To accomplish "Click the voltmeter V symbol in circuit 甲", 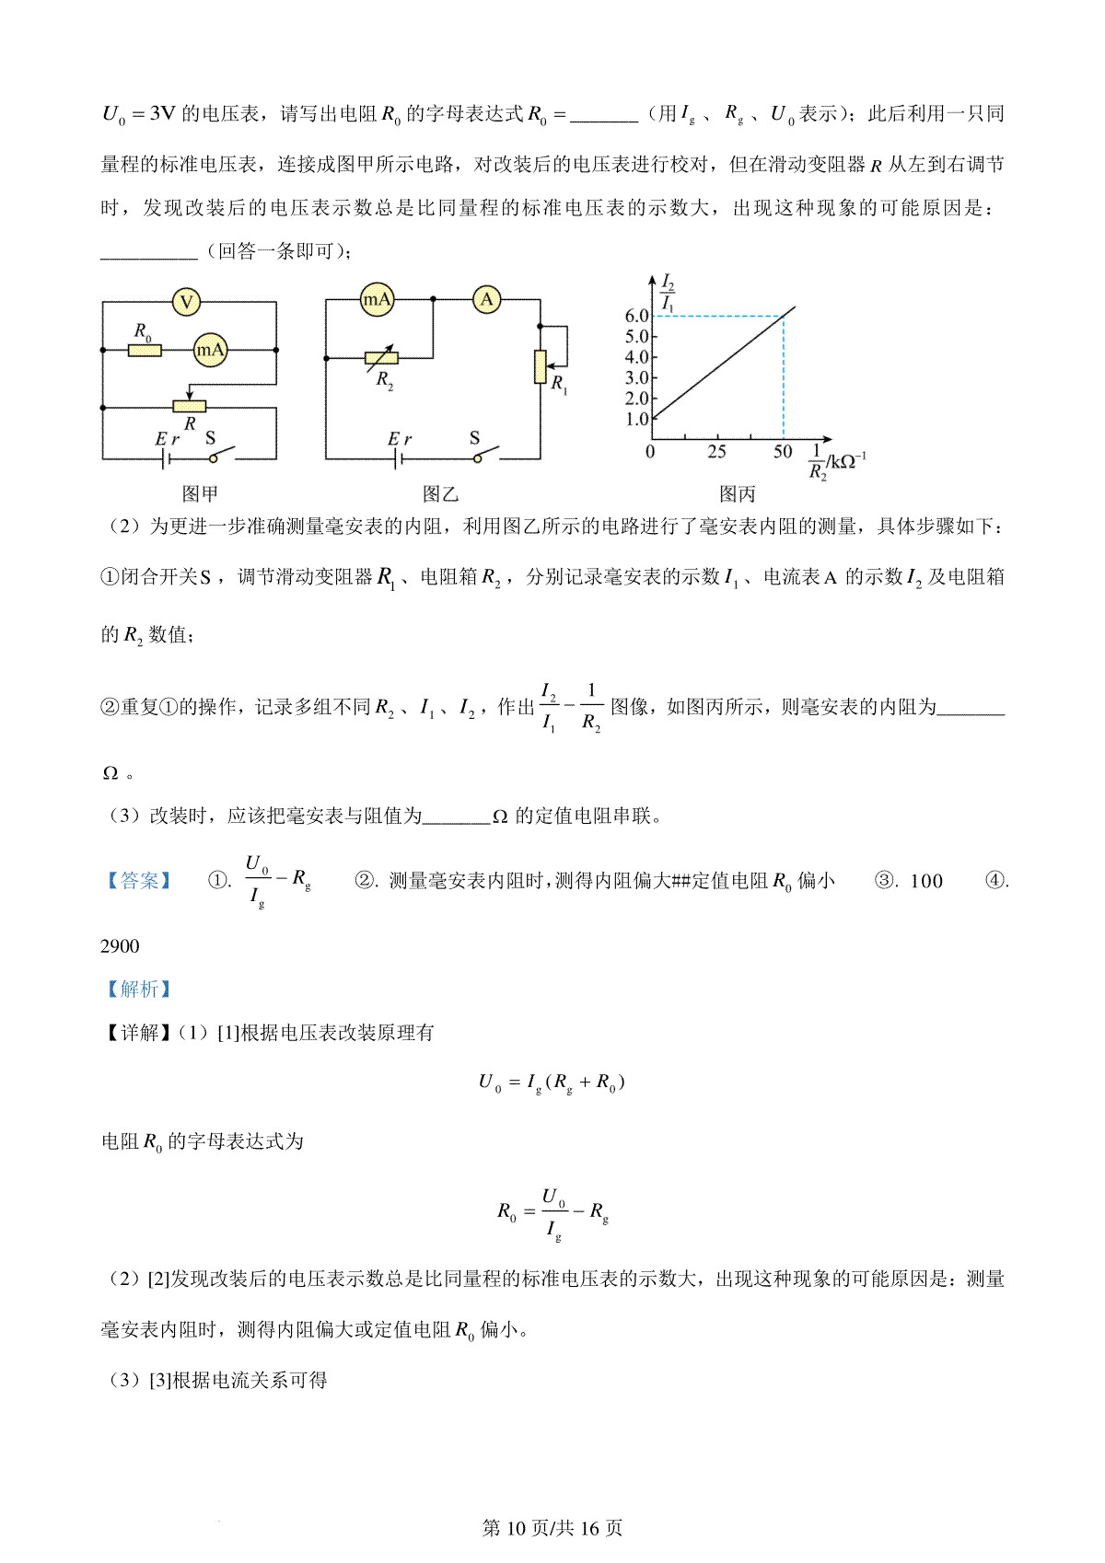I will coord(187,302).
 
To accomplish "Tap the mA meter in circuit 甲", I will coord(210,350).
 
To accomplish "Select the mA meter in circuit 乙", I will coord(377,299).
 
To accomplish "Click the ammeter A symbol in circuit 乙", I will coord(487,299).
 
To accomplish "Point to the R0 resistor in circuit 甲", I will coord(145,350).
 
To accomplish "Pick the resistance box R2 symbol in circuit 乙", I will coord(381,359).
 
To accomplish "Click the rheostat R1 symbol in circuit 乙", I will coord(541,366).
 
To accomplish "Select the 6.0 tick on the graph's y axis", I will coord(637,316).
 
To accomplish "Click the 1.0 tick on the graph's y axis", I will coord(637,419).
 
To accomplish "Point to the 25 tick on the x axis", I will coord(716,452).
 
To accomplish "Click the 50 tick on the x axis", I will coord(783,452).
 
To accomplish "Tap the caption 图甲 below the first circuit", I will coord(200,494).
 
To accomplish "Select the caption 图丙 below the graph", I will coord(737,494).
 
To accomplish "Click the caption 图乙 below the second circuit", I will coord(440,494).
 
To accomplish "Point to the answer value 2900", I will coord(120,946).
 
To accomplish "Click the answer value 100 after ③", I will coord(926,882).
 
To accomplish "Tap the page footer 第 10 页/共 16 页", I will coord(552,1528).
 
